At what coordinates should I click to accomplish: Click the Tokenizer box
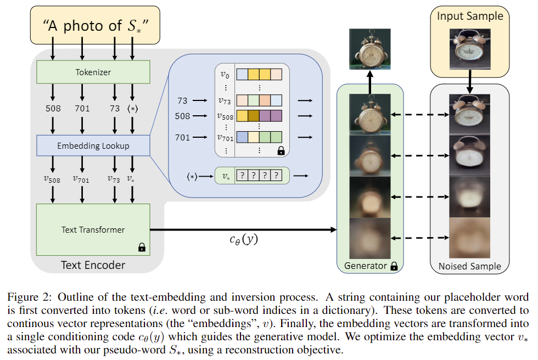click(x=93, y=72)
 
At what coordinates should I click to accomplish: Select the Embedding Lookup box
click(x=93, y=146)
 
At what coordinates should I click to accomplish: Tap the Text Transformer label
click(x=93, y=230)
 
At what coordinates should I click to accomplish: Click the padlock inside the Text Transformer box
click(x=142, y=247)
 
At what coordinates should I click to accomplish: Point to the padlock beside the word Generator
click(x=394, y=266)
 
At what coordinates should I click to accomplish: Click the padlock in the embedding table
click(x=281, y=150)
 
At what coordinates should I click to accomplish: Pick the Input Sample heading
click(x=470, y=16)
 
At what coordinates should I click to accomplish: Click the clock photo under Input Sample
click(x=470, y=49)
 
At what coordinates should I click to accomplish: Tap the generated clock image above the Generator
click(x=370, y=49)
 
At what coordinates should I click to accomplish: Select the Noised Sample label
click(x=470, y=266)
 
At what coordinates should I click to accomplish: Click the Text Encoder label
click(x=93, y=265)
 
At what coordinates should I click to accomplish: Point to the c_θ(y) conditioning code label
click(x=244, y=239)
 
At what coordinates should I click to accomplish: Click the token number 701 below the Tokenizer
click(x=82, y=109)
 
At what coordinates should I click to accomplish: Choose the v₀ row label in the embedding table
click(x=225, y=75)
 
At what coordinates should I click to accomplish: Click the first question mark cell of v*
click(x=242, y=176)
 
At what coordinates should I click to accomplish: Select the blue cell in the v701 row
click(x=242, y=137)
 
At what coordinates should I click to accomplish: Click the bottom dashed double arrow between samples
click(x=420, y=238)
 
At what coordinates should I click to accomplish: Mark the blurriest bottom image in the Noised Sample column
click(x=470, y=238)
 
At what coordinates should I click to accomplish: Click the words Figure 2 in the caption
click(x=29, y=297)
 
